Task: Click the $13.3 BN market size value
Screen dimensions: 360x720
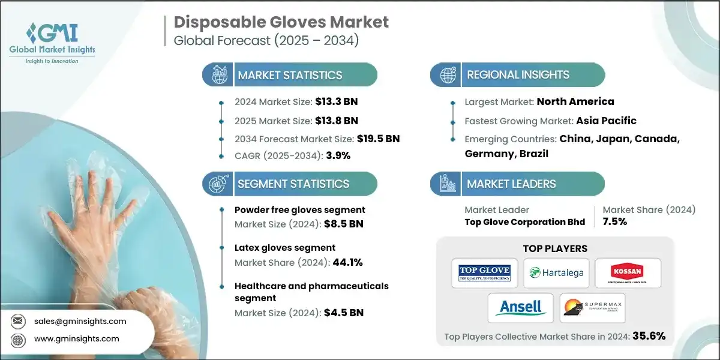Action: [x=337, y=101]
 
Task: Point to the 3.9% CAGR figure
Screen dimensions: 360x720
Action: [x=338, y=155]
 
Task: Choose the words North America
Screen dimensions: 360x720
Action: [x=575, y=101]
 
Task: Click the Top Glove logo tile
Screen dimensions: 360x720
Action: [x=484, y=272]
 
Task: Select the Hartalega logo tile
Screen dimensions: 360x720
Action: [x=555, y=272]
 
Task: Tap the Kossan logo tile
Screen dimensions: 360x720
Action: [x=627, y=272]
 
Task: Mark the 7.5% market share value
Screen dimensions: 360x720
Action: [x=614, y=221]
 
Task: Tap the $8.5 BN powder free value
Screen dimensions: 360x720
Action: [x=344, y=224]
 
